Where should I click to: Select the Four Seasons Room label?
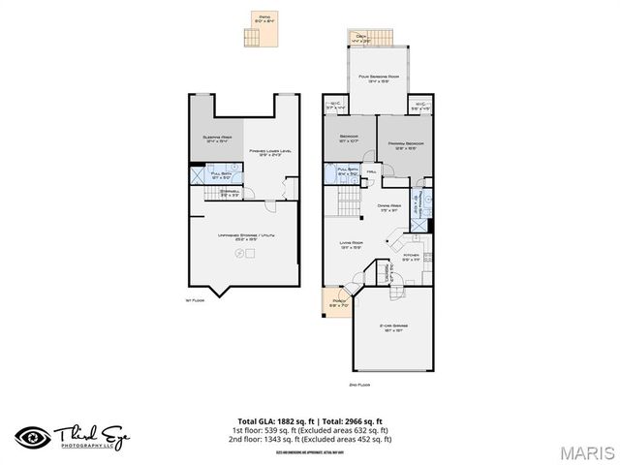coord(379,78)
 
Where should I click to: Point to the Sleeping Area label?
coord(216,139)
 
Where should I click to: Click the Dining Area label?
coord(390,207)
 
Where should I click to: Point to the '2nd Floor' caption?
coord(360,386)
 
